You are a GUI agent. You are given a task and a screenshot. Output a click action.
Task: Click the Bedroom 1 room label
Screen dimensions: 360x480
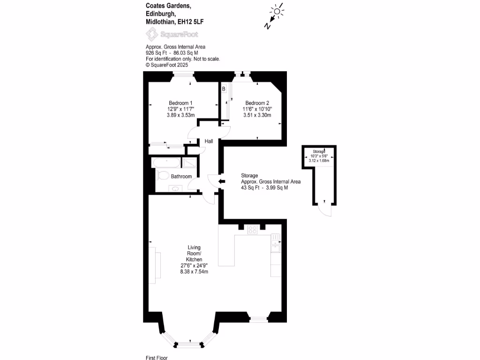180,103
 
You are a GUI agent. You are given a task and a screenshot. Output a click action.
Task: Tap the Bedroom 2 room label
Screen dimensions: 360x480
257,103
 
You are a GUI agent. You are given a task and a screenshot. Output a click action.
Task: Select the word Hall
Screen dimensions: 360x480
209,141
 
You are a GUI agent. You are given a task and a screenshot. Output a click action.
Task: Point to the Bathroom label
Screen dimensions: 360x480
181,177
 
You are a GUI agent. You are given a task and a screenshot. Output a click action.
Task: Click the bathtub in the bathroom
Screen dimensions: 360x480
166,163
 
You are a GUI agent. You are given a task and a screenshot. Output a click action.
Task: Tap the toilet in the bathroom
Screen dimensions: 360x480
163,176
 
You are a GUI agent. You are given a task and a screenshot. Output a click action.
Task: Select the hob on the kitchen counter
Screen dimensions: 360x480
253,230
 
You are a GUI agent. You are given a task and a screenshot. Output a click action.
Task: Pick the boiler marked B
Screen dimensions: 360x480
224,89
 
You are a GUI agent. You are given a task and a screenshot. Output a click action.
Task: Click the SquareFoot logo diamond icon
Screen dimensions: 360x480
152,34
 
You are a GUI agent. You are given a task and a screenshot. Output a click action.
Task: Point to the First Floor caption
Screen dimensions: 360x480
157,358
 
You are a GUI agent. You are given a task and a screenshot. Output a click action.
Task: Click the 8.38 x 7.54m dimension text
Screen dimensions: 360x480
194,271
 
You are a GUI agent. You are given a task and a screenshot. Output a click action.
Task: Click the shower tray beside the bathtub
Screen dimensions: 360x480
190,162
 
